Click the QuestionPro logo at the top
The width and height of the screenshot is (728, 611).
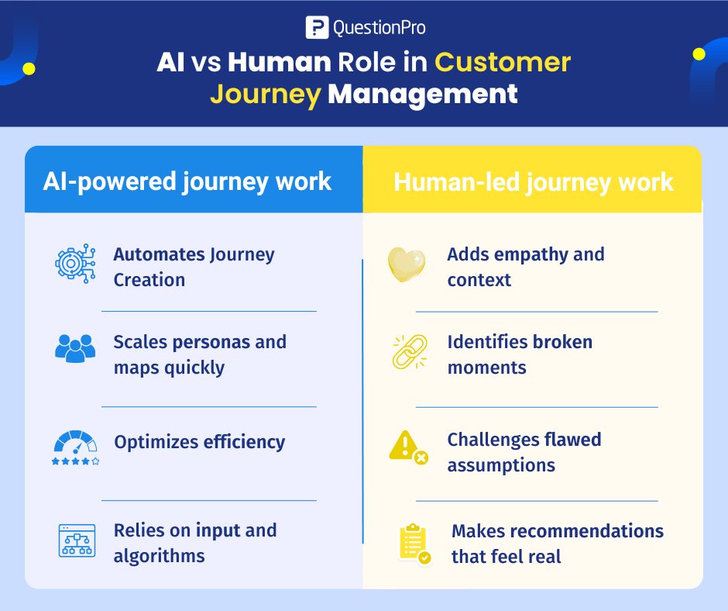click(x=365, y=28)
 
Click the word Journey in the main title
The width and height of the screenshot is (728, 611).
click(x=265, y=94)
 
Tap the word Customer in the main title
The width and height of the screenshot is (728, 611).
click(x=502, y=62)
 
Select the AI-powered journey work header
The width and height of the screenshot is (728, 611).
click(x=187, y=181)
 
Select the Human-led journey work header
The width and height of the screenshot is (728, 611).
click(x=534, y=182)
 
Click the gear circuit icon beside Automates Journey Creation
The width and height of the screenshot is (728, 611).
click(x=75, y=264)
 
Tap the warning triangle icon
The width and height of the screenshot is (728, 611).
click(x=407, y=448)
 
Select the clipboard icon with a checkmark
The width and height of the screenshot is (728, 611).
click(x=413, y=544)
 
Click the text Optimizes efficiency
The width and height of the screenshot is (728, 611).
click(x=199, y=442)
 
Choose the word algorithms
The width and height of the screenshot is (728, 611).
click(x=159, y=556)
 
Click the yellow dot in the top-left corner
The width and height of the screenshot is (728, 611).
click(x=29, y=68)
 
